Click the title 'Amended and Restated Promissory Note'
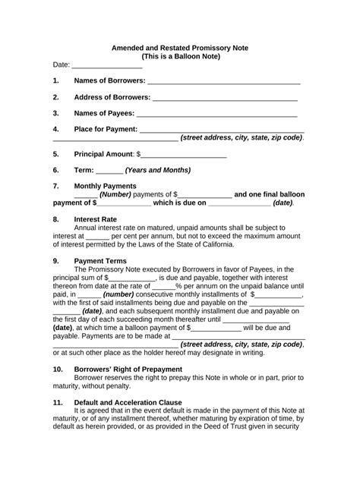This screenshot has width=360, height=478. [180, 46]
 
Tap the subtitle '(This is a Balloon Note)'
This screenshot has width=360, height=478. [180, 56]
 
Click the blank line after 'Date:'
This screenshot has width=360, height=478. [106, 67]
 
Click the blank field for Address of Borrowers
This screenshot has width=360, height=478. [226, 98]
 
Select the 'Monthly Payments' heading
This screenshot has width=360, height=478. [106, 186]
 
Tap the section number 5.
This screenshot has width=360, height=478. [56, 154]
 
